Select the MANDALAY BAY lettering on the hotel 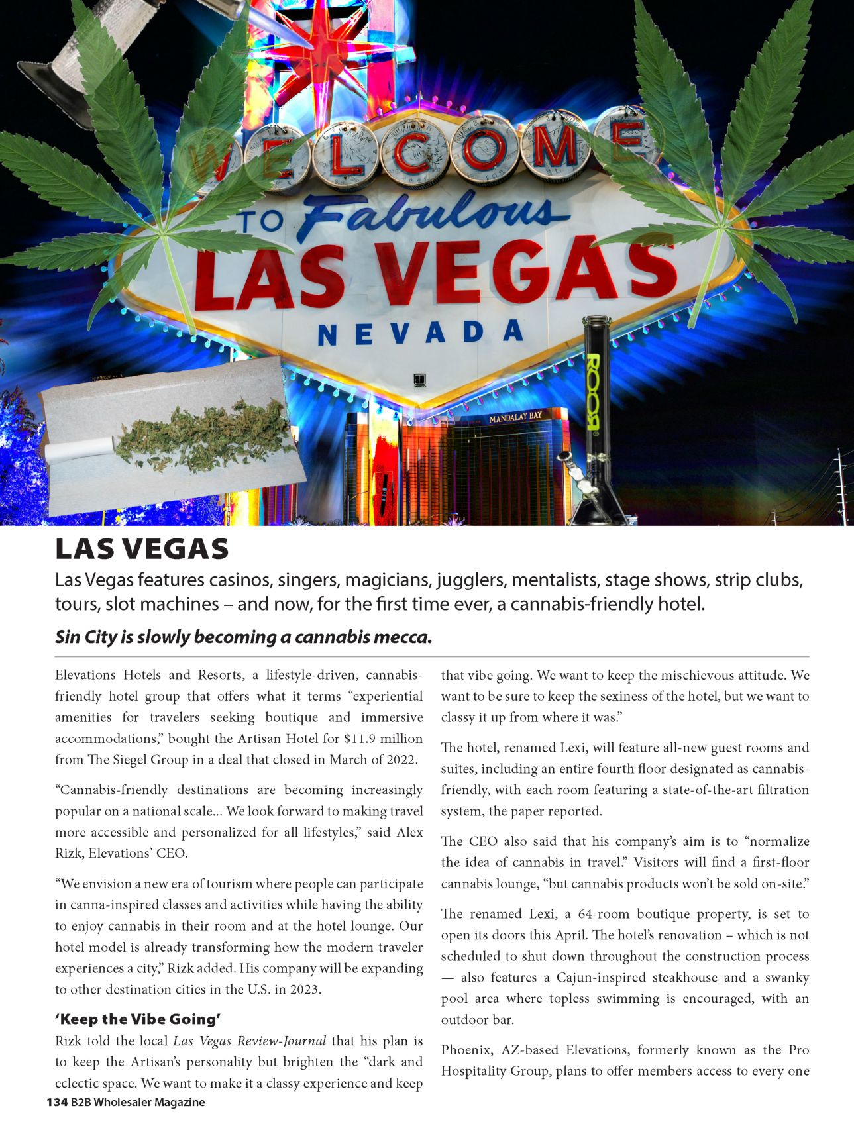pos(515,417)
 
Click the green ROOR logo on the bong pos(593,391)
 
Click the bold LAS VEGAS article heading pos(142,549)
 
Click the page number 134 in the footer pos(57,1102)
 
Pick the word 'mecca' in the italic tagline pos(402,637)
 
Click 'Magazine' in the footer pos(182,1102)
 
